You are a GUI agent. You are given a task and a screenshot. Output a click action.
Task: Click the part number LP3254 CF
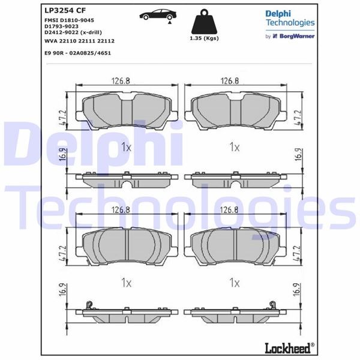(65, 10)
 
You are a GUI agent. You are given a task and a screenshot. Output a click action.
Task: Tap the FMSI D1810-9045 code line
(69, 20)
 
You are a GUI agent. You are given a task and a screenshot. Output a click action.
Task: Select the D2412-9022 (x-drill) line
(73, 32)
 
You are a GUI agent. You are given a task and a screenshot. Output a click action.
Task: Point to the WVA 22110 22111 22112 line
(79, 41)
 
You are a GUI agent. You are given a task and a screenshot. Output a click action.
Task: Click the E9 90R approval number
(77, 53)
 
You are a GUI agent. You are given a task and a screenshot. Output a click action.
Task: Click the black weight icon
(204, 22)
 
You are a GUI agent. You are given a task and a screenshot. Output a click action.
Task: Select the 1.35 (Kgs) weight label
(204, 38)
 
